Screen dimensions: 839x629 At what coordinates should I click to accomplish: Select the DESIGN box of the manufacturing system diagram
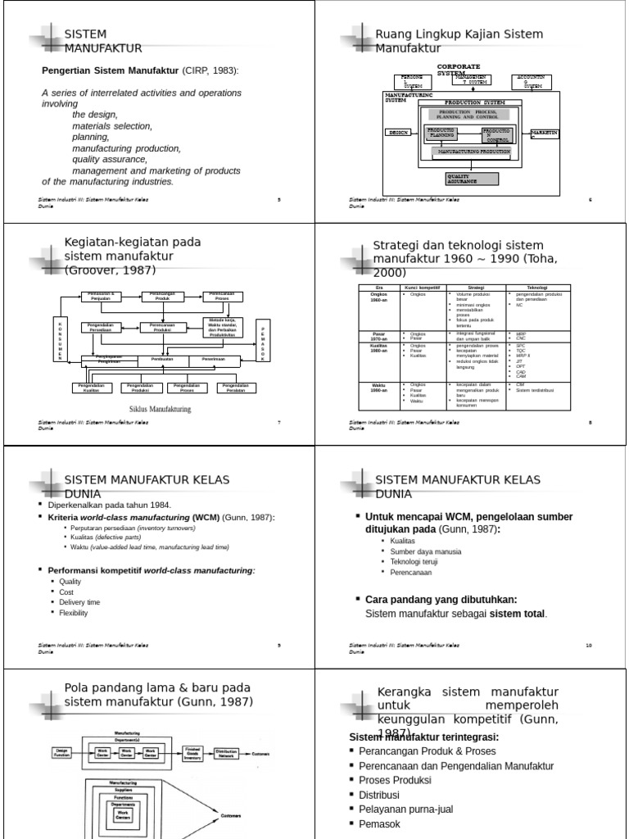point(400,131)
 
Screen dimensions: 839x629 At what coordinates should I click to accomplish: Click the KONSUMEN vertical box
point(59,337)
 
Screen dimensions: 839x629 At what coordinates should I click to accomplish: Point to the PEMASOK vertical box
point(263,340)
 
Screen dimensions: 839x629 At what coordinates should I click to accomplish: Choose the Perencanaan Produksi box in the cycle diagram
point(162,327)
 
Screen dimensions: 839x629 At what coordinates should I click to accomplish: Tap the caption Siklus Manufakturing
point(160,409)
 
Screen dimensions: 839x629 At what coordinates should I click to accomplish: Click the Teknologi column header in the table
point(537,288)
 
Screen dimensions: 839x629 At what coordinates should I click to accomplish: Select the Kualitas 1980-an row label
point(379,348)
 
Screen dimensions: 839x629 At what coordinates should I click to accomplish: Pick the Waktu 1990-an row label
point(379,387)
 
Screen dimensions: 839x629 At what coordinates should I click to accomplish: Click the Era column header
point(379,288)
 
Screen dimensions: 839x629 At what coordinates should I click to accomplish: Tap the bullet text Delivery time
point(79,602)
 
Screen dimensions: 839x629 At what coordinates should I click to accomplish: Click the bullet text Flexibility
point(74,613)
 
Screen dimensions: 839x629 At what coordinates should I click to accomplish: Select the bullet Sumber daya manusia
point(414,551)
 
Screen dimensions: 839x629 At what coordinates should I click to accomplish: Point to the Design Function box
point(62,752)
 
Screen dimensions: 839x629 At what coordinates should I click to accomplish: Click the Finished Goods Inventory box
point(192,752)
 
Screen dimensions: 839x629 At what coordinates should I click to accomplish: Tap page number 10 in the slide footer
point(588,645)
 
